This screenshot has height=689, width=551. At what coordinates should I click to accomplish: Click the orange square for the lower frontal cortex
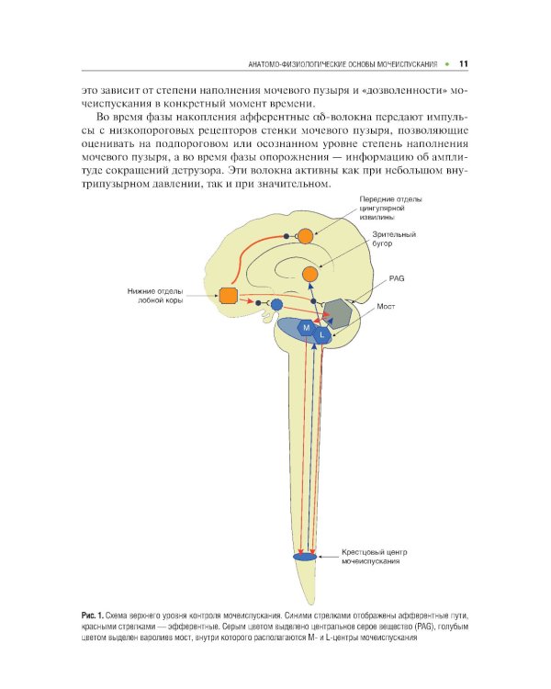(229, 295)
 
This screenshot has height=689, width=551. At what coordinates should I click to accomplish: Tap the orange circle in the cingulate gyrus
(305, 237)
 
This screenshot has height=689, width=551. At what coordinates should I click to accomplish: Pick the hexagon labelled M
(306, 328)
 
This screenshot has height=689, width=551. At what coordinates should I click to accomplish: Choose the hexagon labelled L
(320, 336)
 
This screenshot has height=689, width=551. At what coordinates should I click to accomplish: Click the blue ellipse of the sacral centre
(304, 558)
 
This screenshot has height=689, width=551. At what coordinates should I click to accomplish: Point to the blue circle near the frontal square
(276, 304)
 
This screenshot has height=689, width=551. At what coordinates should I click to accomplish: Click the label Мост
(386, 307)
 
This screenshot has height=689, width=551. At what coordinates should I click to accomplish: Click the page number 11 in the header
(464, 63)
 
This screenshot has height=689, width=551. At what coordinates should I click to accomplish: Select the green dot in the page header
(445, 64)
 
